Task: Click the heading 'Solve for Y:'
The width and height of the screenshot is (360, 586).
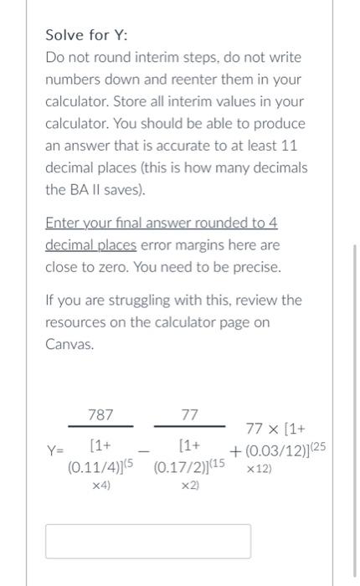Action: pyautogui.click(x=86, y=35)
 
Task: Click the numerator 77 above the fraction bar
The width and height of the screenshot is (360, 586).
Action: pyautogui.click(x=190, y=414)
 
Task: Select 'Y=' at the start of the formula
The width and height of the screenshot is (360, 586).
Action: pyautogui.click(x=54, y=451)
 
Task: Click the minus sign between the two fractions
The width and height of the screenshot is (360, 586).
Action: pyautogui.click(x=142, y=452)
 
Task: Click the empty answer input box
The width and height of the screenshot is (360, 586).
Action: pyautogui.click(x=147, y=541)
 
